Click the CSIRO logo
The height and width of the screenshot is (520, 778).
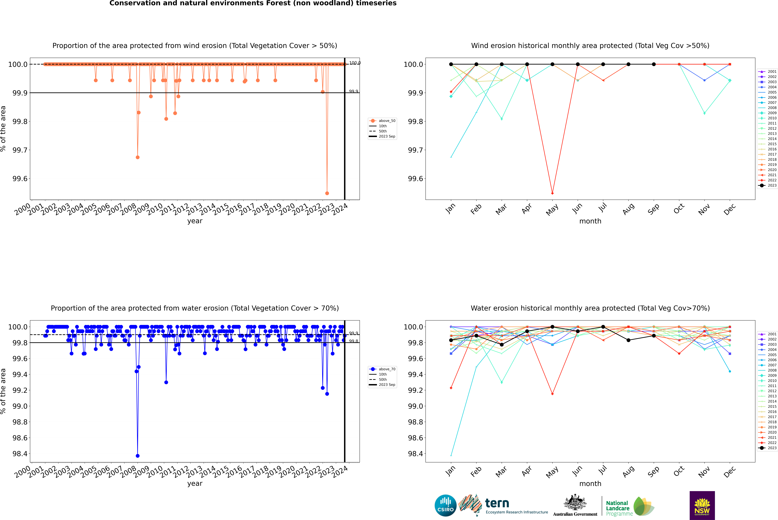tap(445, 505)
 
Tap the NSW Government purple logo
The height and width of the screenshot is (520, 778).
tap(702, 505)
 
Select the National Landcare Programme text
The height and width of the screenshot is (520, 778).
tap(618, 508)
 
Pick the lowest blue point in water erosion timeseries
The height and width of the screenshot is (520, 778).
tap(138, 456)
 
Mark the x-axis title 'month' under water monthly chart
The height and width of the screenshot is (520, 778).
tap(590, 484)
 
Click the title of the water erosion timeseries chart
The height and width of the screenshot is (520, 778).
tap(195, 308)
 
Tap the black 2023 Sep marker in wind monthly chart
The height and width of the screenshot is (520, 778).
tap(654, 64)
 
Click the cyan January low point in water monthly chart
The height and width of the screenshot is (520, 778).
tap(451, 455)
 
